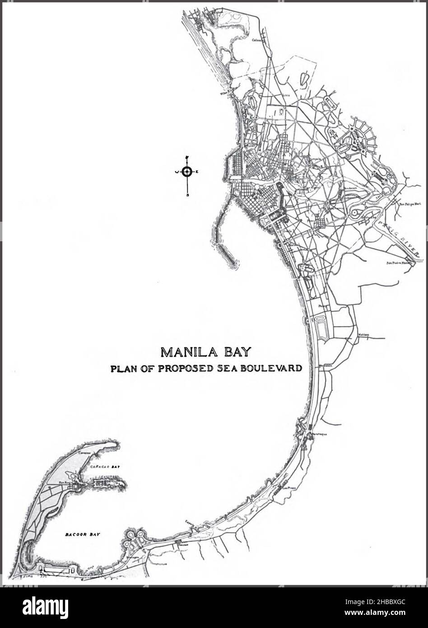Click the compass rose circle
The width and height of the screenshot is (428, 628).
187,171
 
